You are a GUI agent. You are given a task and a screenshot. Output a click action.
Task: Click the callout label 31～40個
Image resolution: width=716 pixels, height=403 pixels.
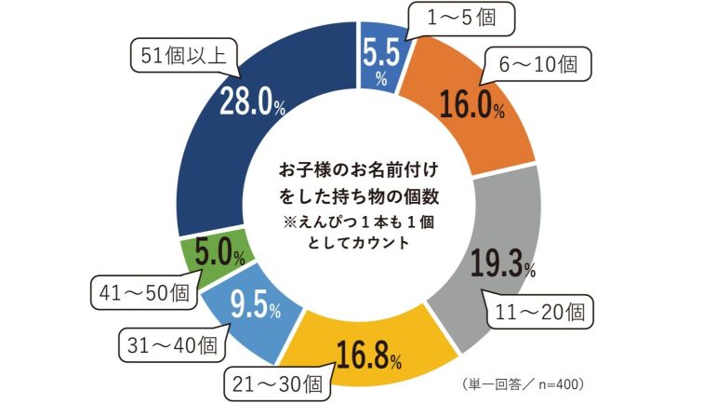coord(174,344)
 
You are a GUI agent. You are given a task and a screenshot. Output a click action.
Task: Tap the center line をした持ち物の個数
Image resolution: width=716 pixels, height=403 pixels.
coord(358,198)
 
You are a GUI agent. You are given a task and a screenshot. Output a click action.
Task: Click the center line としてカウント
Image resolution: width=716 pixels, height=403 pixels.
coord(358,242)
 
